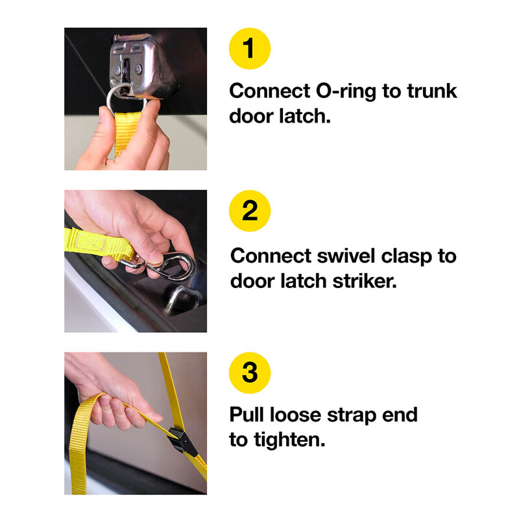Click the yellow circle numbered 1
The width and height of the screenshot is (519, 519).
pos(250,49)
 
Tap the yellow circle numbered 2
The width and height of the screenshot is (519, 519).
pos(250,211)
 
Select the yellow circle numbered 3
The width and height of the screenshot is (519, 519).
pos(250,373)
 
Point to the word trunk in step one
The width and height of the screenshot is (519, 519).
pos(431,91)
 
